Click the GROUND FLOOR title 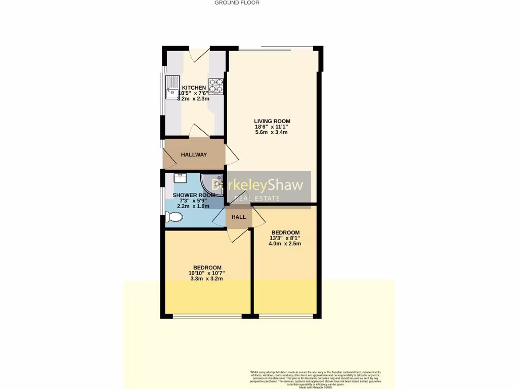(x=237, y=3)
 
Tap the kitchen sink (x=172, y=86)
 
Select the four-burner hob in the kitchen (x=216, y=86)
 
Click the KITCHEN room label (x=194, y=88)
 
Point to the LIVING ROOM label (x=272, y=121)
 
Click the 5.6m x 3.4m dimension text (x=272, y=132)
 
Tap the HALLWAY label (x=194, y=154)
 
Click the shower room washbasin (x=180, y=178)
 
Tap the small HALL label (x=238, y=217)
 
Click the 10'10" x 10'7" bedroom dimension (x=207, y=273)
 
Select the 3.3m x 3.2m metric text (x=207, y=279)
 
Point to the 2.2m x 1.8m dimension (x=193, y=206)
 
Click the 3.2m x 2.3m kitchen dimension (x=194, y=99)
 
